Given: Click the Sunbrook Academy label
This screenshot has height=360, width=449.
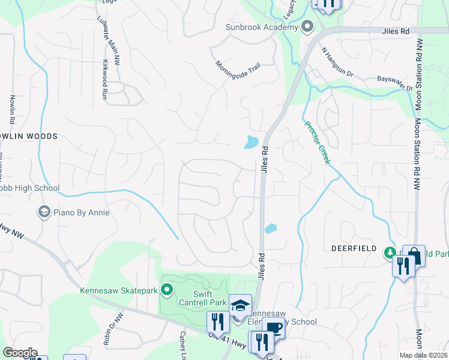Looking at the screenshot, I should (x=262, y=27).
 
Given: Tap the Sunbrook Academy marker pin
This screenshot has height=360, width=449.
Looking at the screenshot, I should (x=308, y=27).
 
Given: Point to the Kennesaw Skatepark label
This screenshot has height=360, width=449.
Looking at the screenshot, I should (x=118, y=291).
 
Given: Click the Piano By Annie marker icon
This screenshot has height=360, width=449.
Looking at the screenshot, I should (x=44, y=211).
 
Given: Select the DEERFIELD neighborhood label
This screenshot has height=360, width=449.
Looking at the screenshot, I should (x=354, y=248).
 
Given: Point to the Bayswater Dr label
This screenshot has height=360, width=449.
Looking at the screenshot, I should (x=395, y=83).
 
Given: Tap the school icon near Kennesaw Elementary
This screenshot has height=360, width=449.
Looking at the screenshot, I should (x=240, y=305).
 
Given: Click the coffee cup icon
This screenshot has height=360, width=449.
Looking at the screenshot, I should (x=274, y=328).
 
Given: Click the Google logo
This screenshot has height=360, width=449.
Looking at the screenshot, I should (x=20, y=353).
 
